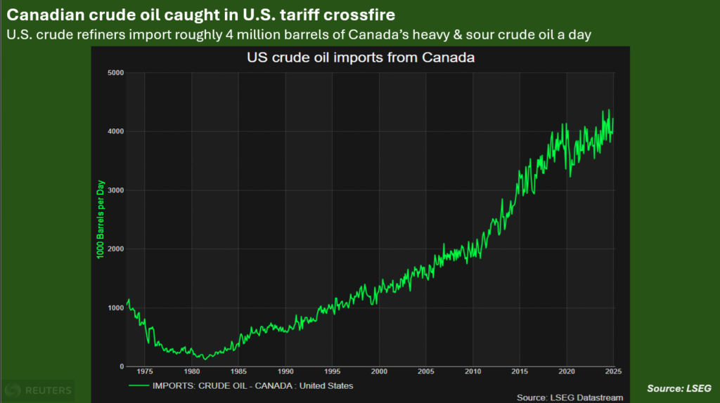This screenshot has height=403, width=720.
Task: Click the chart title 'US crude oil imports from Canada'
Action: point(360,58)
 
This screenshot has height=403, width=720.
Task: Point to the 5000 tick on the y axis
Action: point(116,73)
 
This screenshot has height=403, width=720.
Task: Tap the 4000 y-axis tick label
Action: point(116,131)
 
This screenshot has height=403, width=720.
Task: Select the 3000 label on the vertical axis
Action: point(116,190)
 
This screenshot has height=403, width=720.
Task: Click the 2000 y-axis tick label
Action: point(116,249)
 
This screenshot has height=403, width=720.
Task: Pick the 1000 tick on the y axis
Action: point(116,308)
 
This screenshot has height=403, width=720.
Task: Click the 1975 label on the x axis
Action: point(145,371)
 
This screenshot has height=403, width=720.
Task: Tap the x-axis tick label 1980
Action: point(191,371)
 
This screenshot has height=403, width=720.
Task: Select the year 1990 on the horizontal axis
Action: point(285,371)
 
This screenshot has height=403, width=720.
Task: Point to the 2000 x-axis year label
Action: point(379,371)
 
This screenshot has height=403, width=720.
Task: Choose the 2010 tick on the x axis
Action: point(473,371)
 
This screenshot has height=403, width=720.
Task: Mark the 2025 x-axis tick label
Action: point(612,371)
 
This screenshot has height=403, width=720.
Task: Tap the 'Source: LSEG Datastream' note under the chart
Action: point(570,397)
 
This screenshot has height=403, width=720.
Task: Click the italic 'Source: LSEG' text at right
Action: point(679,388)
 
